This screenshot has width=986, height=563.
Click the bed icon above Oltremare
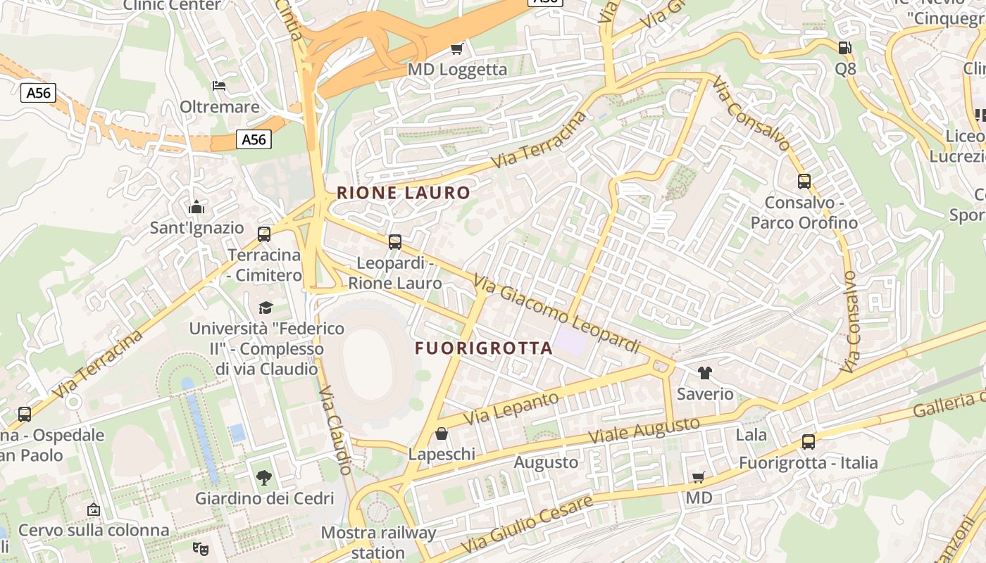pyautogui.click(x=219, y=86)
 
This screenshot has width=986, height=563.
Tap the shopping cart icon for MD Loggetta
pyautogui.click(x=457, y=49)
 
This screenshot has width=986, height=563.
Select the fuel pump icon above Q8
pyautogui.click(x=844, y=48)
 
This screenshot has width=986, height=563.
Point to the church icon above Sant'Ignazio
pyautogui.click(x=196, y=207)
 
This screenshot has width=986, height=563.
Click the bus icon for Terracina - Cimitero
pyautogui.click(x=264, y=234)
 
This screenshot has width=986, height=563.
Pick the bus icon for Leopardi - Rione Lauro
pyautogui.click(x=395, y=242)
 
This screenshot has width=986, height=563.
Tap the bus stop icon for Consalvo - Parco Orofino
pyautogui.click(x=804, y=182)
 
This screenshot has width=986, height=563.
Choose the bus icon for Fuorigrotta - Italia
pyautogui.click(x=808, y=442)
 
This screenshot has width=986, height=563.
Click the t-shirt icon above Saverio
pyautogui.click(x=704, y=373)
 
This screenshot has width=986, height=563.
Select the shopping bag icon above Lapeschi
pyautogui.click(x=442, y=434)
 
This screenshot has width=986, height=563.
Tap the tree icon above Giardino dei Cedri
pyautogui.click(x=264, y=478)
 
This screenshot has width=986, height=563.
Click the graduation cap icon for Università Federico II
pyautogui.click(x=266, y=308)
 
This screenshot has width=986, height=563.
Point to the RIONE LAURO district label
pyautogui.click(x=404, y=193)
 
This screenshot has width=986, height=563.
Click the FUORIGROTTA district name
pyautogui.click(x=483, y=348)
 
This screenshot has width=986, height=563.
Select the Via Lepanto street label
pyautogui.click(x=511, y=407)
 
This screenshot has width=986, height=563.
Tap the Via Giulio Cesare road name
pyautogui.click(x=527, y=525)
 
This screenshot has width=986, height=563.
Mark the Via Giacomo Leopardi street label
pyautogui.click(x=556, y=315)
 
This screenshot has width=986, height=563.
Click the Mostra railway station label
pyautogui.click(x=378, y=542)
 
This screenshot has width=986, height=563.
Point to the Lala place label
pyautogui.click(x=751, y=435)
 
